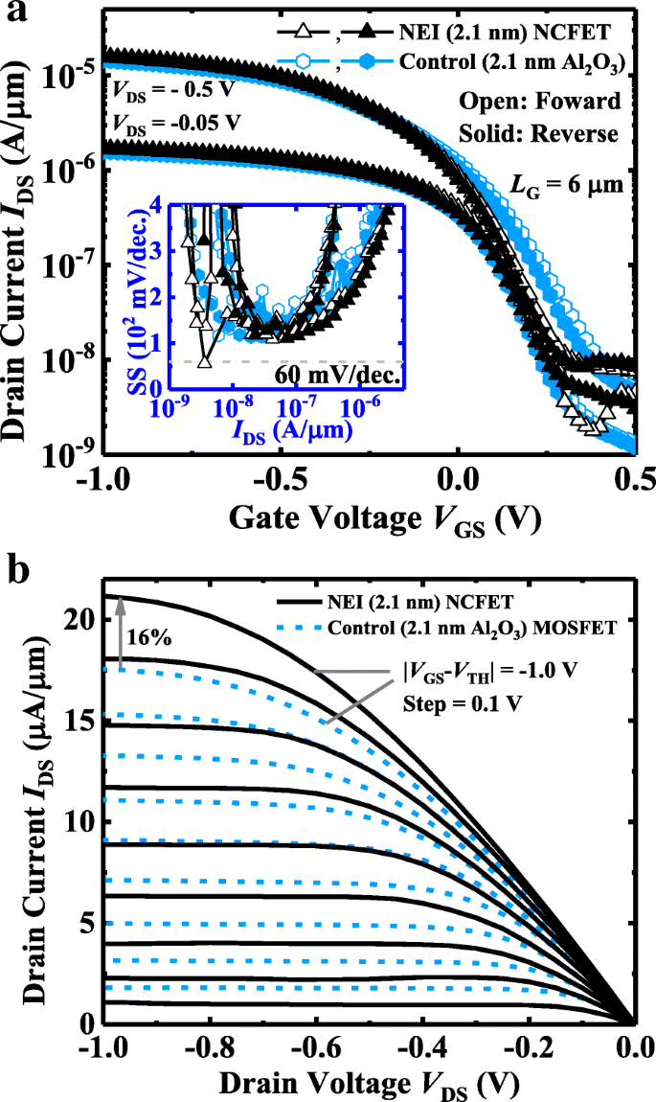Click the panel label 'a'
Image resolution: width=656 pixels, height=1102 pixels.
click(x=11, y=14)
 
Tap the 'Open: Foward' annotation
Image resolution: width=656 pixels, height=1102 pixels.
click(x=553, y=101)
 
